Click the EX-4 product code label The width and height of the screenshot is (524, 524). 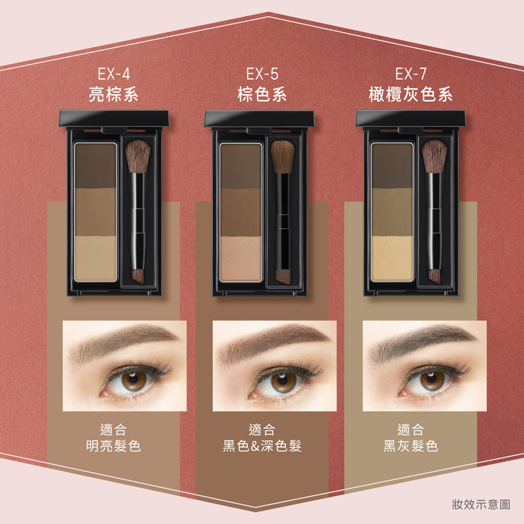(114, 74)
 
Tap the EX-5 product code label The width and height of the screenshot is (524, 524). (263, 74)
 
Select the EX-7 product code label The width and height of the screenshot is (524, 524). (411, 74)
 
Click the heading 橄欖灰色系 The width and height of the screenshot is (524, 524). (411, 94)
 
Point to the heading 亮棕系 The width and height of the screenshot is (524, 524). (114, 94)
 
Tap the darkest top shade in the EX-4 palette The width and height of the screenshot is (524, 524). (95, 166)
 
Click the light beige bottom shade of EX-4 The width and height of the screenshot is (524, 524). (95, 258)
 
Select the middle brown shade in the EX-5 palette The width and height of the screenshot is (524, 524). (241, 212)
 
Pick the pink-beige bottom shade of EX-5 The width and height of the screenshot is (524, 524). (241, 258)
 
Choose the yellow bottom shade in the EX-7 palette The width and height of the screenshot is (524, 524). (392, 258)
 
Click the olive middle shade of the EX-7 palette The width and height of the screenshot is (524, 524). (392, 212)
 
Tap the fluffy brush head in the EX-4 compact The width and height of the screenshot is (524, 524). (138, 156)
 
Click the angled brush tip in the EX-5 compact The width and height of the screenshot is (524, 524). (283, 276)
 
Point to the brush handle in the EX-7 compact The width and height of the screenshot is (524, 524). (434, 221)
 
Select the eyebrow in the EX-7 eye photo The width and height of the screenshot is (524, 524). (422, 343)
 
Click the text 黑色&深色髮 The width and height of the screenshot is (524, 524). (263, 446)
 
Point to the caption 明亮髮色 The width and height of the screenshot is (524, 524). (113, 446)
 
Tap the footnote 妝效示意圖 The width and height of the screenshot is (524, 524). (481, 504)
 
